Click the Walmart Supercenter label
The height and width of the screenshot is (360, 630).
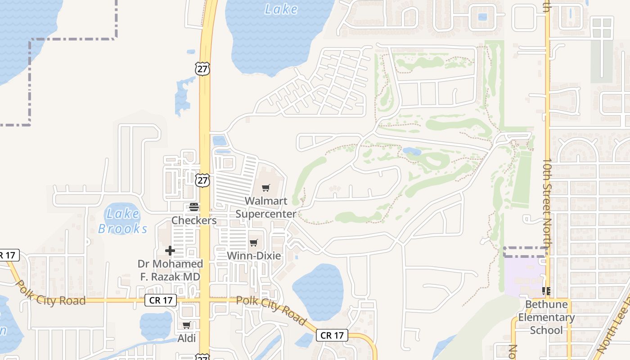click(266, 207)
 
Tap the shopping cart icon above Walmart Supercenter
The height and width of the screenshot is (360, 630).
click(266, 188)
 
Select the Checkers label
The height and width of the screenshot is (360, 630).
click(194, 220)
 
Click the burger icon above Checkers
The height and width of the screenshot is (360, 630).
click(194, 207)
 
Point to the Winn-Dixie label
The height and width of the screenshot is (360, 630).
click(254, 256)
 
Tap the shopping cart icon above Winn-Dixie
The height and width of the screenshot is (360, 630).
click(254, 243)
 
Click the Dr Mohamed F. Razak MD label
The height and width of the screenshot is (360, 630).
click(170, 270)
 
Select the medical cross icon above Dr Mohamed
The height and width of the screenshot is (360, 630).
click(170, 251)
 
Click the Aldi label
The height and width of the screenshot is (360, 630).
click(186, 338)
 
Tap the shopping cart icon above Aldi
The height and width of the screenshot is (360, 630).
click(186, 325)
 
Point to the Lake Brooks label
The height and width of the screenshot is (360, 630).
click(122, 221)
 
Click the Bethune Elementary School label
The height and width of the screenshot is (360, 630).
click(546, 317)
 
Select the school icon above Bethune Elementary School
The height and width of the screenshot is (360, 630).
click(546, 291)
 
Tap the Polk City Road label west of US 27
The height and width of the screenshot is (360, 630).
click(50, 293)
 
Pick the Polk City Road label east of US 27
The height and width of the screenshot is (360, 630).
click(271, 311)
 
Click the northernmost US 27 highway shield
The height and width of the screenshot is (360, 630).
click(202, 69)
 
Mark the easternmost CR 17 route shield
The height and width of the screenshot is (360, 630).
click(332, 335)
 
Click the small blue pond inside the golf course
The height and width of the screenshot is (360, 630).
click(412, 151)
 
